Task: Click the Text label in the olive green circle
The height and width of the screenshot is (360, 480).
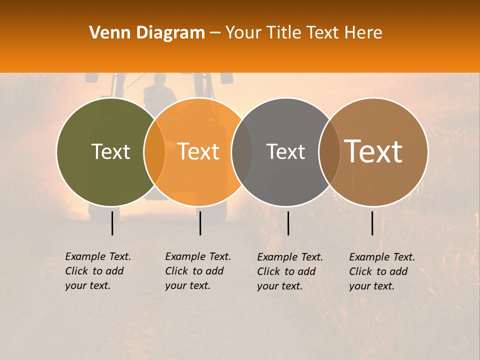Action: pyautogui.click(x=110, y=151)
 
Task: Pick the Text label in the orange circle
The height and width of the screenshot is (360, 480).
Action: pyautogui.click(x=198, y=151)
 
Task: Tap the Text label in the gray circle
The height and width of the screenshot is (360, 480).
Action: pyautogui.click(x=285, y=151)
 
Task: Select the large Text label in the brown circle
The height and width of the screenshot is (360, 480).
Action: pyautogui.click(x=373, y=151)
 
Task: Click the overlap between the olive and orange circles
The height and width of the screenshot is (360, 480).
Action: pyautogui.click(x=154, y=152)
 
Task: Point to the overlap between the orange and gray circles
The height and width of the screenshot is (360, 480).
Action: pyautogui.click(x=242, y=152)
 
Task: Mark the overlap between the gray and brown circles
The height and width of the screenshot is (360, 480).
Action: pyautogui.click(x=329, y=152)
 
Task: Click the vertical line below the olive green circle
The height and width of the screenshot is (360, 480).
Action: pyautogui.click(x=112, y=223)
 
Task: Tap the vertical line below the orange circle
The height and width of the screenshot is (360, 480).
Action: pyautogui.click(x=200, y=223)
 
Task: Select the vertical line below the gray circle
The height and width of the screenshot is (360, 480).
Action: pyautogui.click(x=288, y=223)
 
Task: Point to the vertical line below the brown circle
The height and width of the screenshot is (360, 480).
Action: pyautogui.click(x=372, y=223)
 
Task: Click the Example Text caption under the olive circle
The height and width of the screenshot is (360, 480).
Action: pyautogui.click(x=98, y=271)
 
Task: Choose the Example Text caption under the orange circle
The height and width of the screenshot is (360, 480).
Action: pyautogui.click(x=198, y=271)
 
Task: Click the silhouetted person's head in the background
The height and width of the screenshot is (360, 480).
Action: pyautogui.click(x=159, y=80)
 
